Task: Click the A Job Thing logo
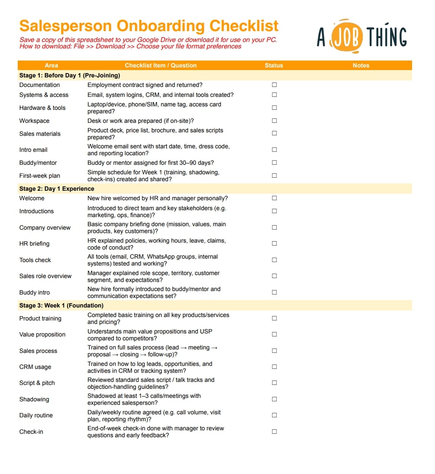tap(361, 36)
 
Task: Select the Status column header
tap(274, 65)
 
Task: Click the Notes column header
tap(361, 65)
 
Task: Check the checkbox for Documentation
tap(274, 85)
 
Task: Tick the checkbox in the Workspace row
tap(274, 121)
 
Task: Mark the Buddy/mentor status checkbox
tap(274, 163)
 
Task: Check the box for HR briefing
tap(274, 243)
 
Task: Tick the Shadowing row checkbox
tap(274, 399)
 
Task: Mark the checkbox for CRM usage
tap(274, 367)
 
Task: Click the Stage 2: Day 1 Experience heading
tap(57, 189)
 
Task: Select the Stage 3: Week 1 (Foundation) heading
tap(61, 305)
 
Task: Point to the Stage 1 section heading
tap(70, 75)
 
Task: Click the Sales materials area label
tap(40, 134)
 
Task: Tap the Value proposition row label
tap(42, 334)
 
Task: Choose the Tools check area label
tap(35, 260)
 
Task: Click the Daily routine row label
tap(36, 415)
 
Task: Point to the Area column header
tap(51, 65)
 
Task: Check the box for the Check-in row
tap(274, 432)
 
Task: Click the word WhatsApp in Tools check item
tap(162, 256)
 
